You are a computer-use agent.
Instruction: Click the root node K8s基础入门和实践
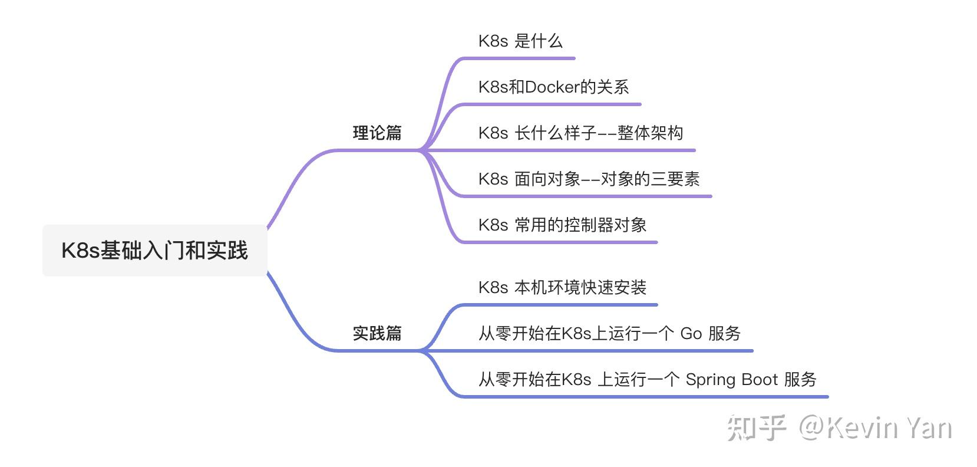(x=154, y=251)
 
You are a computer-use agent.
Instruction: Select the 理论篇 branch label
(x=377, y=133)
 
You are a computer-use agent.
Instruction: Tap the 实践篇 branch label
(x=377, y=333)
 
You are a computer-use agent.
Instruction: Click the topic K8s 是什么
(x=520, y=41)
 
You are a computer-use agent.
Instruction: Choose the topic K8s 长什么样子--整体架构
(x=580, y=133)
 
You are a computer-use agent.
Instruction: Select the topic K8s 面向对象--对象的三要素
(x=589, y=179)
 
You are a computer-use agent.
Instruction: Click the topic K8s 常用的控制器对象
(x=562, y=225)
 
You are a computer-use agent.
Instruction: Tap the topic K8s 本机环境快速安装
(x=562, y=288)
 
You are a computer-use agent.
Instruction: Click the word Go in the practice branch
(x=691, y=334)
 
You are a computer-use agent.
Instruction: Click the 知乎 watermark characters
(x=757, y=428)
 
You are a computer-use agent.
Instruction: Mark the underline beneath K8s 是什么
(x=519, y=58)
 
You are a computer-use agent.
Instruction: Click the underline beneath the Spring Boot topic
(x=648, y=397)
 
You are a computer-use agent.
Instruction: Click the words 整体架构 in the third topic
(x=650, y=133)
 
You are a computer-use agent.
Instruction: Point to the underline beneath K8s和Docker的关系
(x=554, y=104)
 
